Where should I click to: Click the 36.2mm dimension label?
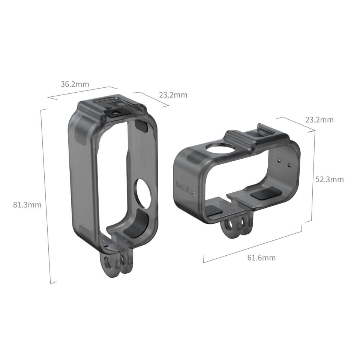point(75,84)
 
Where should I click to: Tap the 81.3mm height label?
point(27,205)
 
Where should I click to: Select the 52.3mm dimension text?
point(329,180)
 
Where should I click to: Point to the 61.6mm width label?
point(261,258)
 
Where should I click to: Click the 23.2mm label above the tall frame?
point(173,95)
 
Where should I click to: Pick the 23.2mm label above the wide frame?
point(319,120)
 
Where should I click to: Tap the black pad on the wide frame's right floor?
point(264,194)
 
